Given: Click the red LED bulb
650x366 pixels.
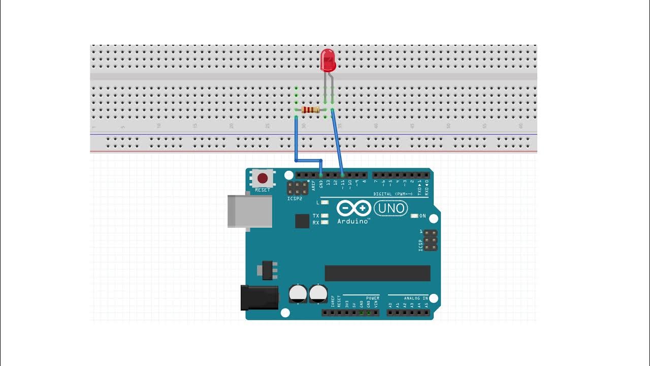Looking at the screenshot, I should [328, 60].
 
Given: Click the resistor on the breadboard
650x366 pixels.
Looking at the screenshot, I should [310, 110].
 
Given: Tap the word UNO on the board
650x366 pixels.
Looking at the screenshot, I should [392, 208].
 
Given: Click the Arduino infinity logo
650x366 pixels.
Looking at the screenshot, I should [354, 208].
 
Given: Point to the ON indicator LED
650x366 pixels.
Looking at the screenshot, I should [414, 216].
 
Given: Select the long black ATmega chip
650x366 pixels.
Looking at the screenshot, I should [377, 273].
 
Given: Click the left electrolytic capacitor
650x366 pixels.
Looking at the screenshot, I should [298, 293].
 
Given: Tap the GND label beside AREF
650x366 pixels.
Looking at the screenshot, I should [321, 184].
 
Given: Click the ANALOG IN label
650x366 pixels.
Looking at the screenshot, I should [415, 298].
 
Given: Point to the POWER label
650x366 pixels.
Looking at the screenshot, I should [373, 298].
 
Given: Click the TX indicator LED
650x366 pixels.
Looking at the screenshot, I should [325, 216].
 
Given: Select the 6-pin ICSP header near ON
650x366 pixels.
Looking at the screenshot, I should [430, 240].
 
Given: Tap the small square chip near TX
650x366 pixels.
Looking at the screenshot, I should [302, 221].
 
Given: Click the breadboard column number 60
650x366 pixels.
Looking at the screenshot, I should [521, 126].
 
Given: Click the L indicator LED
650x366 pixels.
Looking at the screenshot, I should [325, 202].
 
